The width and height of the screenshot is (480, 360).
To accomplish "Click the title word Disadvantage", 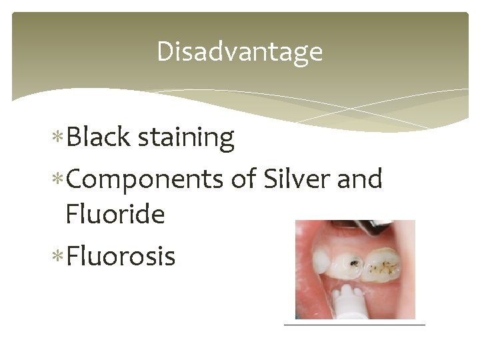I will (x=239, y=52).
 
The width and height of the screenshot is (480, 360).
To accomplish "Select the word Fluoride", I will (x=115, y=215).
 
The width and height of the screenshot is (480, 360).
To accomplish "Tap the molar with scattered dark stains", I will (x=386, y=265).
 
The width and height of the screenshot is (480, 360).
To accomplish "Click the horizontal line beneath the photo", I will (x=354, y=325).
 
